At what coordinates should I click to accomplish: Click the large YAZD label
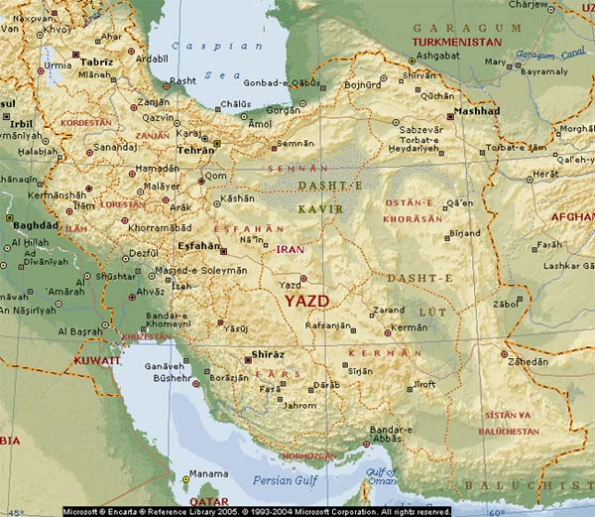click(x=305, y=299)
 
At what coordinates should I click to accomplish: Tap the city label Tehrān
click(x=194, y=149)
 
